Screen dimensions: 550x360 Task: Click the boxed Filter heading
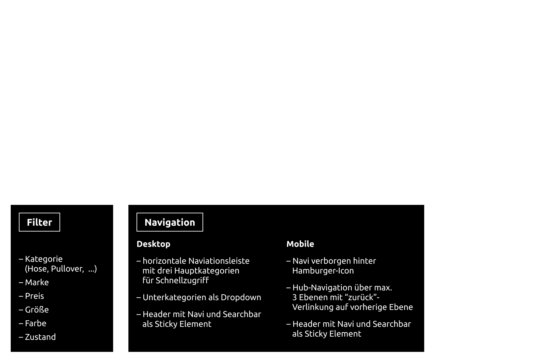(39, 222)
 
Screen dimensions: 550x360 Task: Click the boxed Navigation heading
(170, 222)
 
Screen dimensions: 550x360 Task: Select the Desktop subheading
(153, 244)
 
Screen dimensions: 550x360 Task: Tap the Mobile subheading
(300, 244)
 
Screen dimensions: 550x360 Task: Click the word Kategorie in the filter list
(44, 259)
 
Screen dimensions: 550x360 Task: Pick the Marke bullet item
(37, 282)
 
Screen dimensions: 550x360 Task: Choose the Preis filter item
(34, 296)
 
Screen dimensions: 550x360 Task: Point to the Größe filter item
(37, 310)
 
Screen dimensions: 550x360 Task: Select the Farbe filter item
(36, 323)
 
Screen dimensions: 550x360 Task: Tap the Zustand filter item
(40, 337)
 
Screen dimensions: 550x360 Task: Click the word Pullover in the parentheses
(68, 269)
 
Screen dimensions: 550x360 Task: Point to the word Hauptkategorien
(212, 271)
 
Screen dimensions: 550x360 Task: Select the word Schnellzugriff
(182, 280)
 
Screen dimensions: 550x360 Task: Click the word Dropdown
(241, 297)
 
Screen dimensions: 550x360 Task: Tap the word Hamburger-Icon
(323, 271)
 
